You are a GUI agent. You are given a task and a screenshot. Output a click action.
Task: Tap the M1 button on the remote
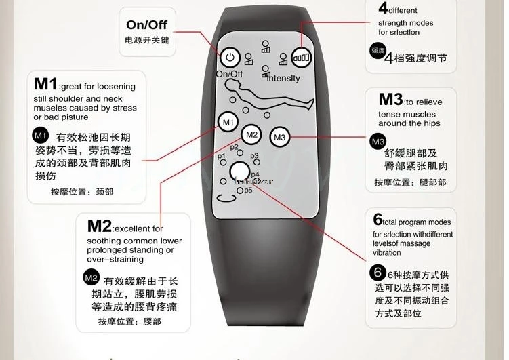point(228,123)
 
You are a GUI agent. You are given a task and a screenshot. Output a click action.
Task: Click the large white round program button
point(239,172)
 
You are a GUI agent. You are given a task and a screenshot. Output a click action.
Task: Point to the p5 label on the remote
point(247,191)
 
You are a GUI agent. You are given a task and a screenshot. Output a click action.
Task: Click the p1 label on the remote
point(222,157)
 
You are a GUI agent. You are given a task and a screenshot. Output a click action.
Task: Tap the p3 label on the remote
point(255,156)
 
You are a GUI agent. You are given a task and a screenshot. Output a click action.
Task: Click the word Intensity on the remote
point(283,79)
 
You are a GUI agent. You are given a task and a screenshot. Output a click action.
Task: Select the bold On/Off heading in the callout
point(146,25)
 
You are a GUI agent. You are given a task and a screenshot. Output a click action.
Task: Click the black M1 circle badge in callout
point(41,134)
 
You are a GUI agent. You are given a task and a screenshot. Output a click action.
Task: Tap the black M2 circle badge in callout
point(91,277)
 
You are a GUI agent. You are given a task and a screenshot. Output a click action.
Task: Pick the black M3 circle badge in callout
point(378,141)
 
